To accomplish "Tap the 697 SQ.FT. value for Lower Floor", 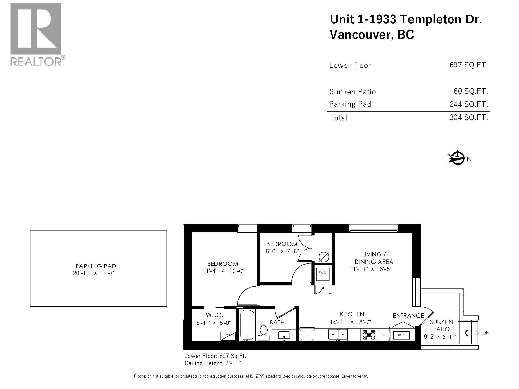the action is [469, 65].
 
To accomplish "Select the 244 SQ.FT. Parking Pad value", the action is [469, 104].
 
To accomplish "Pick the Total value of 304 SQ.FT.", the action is [469, 117].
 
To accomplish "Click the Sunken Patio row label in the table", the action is [352, 92].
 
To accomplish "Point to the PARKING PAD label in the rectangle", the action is [96, 266].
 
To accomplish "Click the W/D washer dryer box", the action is [323, 274].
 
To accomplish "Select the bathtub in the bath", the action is [247, 325].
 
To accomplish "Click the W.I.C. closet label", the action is [214, 315].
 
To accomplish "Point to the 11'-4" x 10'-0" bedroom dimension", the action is [223, 271].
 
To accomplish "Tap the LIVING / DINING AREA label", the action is [374, 258].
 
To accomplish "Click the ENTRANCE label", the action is [408, 316].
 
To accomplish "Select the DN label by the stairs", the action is [486, 333].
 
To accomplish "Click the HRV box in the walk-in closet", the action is [228, 336].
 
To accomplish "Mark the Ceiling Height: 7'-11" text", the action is [212, 363].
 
